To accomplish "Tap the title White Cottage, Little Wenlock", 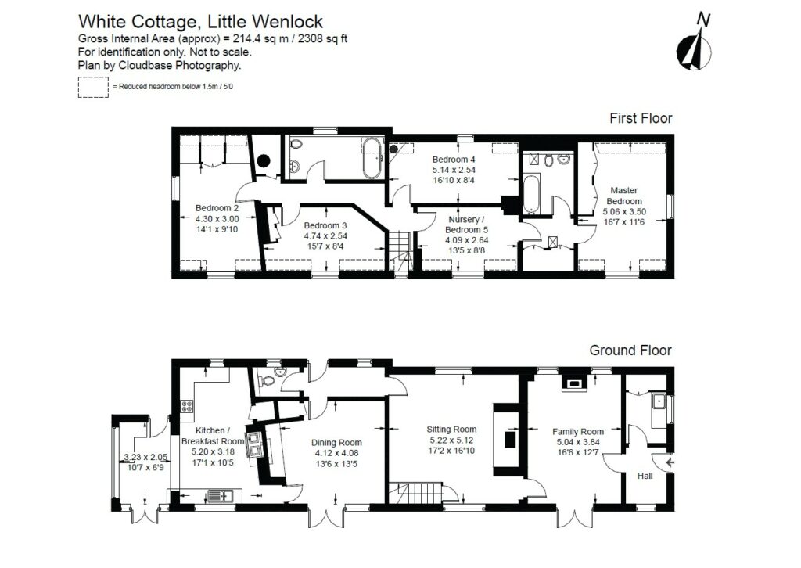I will pos(201,21).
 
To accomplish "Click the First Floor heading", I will pos(641,118).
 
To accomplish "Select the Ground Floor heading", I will pos(630,350).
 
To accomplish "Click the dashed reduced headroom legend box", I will pos(93,86).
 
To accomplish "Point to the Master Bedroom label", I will pos(623,195).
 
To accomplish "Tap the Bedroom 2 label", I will pos(217,208).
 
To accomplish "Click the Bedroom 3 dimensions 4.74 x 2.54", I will pos(325,235).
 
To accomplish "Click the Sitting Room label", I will pos(451,429).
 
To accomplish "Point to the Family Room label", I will pos(578,431).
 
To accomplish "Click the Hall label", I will pos(645,475).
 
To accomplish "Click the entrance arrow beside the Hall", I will pos(670,463).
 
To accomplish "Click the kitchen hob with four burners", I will pos(188,406).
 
